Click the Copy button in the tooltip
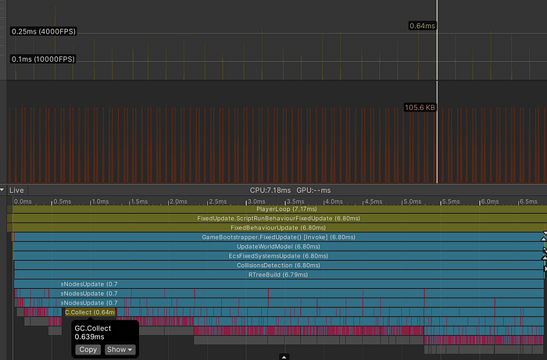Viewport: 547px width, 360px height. coord(88,350)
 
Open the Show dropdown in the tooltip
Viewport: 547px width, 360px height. coord(120,350)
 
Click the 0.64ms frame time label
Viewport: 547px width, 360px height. coord(422,26)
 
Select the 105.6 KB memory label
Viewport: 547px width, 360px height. coord(419,107)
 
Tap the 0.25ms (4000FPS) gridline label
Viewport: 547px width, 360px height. coord(43,31)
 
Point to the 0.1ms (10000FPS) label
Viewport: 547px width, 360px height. coord(43,59)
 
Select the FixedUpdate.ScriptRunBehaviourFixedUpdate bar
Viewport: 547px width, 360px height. coord(277,219)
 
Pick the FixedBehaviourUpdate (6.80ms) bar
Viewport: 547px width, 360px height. coord(277,228)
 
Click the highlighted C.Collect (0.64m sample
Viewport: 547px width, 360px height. coord(88,312)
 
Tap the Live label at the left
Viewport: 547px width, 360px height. coord(17,190)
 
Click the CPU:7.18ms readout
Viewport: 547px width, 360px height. coord(270,190)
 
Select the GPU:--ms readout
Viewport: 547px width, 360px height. coord(314,190)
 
